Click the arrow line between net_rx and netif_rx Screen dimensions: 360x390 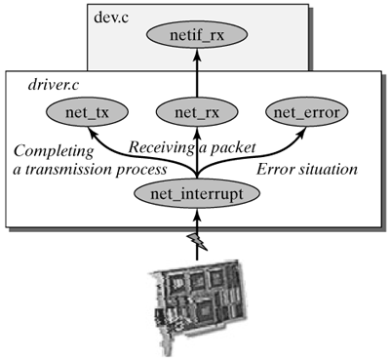tap(198, 80)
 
